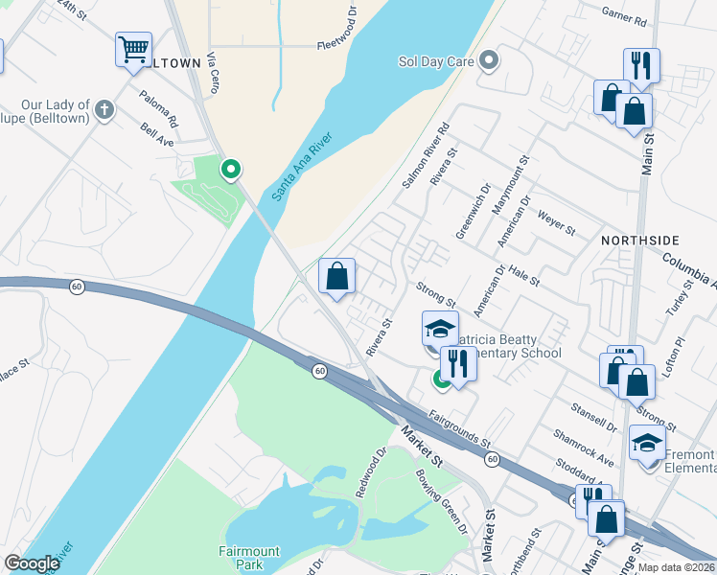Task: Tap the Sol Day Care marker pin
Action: point(489,62)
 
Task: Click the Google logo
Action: point(32,563)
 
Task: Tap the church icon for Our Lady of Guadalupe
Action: point(104,110)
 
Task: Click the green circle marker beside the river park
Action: point(230,171)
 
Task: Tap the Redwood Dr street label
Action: point(371,471)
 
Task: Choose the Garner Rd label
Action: point(623,15)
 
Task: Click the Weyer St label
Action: point(555,224)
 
